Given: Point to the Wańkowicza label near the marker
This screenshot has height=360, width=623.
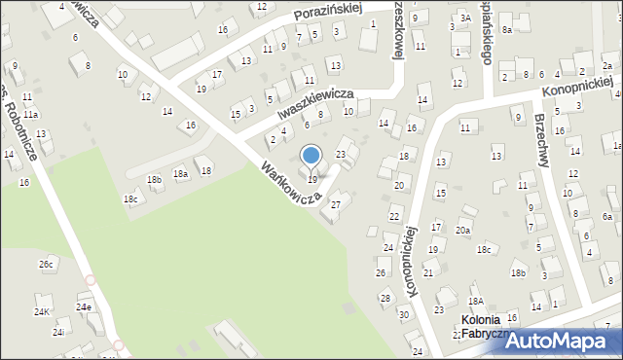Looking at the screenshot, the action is click(x=290, y=184).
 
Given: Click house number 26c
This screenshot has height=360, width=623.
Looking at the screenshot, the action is click(x=46, y=264).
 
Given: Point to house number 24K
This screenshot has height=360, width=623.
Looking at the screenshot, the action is click(x=41, y=312).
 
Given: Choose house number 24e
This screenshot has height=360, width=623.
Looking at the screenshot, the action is click(x=85, y=307).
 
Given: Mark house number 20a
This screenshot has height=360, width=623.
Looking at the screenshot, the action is click(x=463, y=230).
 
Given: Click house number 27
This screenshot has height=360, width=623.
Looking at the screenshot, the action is click(x=336, y=204).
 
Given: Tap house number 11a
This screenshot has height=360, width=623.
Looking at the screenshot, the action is click(x=31, y=114).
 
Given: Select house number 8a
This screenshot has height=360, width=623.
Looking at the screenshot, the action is click(x=506, y=30).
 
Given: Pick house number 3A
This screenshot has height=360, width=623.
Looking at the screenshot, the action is click(x=465, y=18).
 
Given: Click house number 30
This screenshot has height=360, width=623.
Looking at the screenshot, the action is click(x=403, y=314).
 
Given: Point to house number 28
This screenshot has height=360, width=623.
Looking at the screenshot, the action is click(x=385, y=298).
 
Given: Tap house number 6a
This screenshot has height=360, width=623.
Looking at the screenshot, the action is click(x=607, y=216).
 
